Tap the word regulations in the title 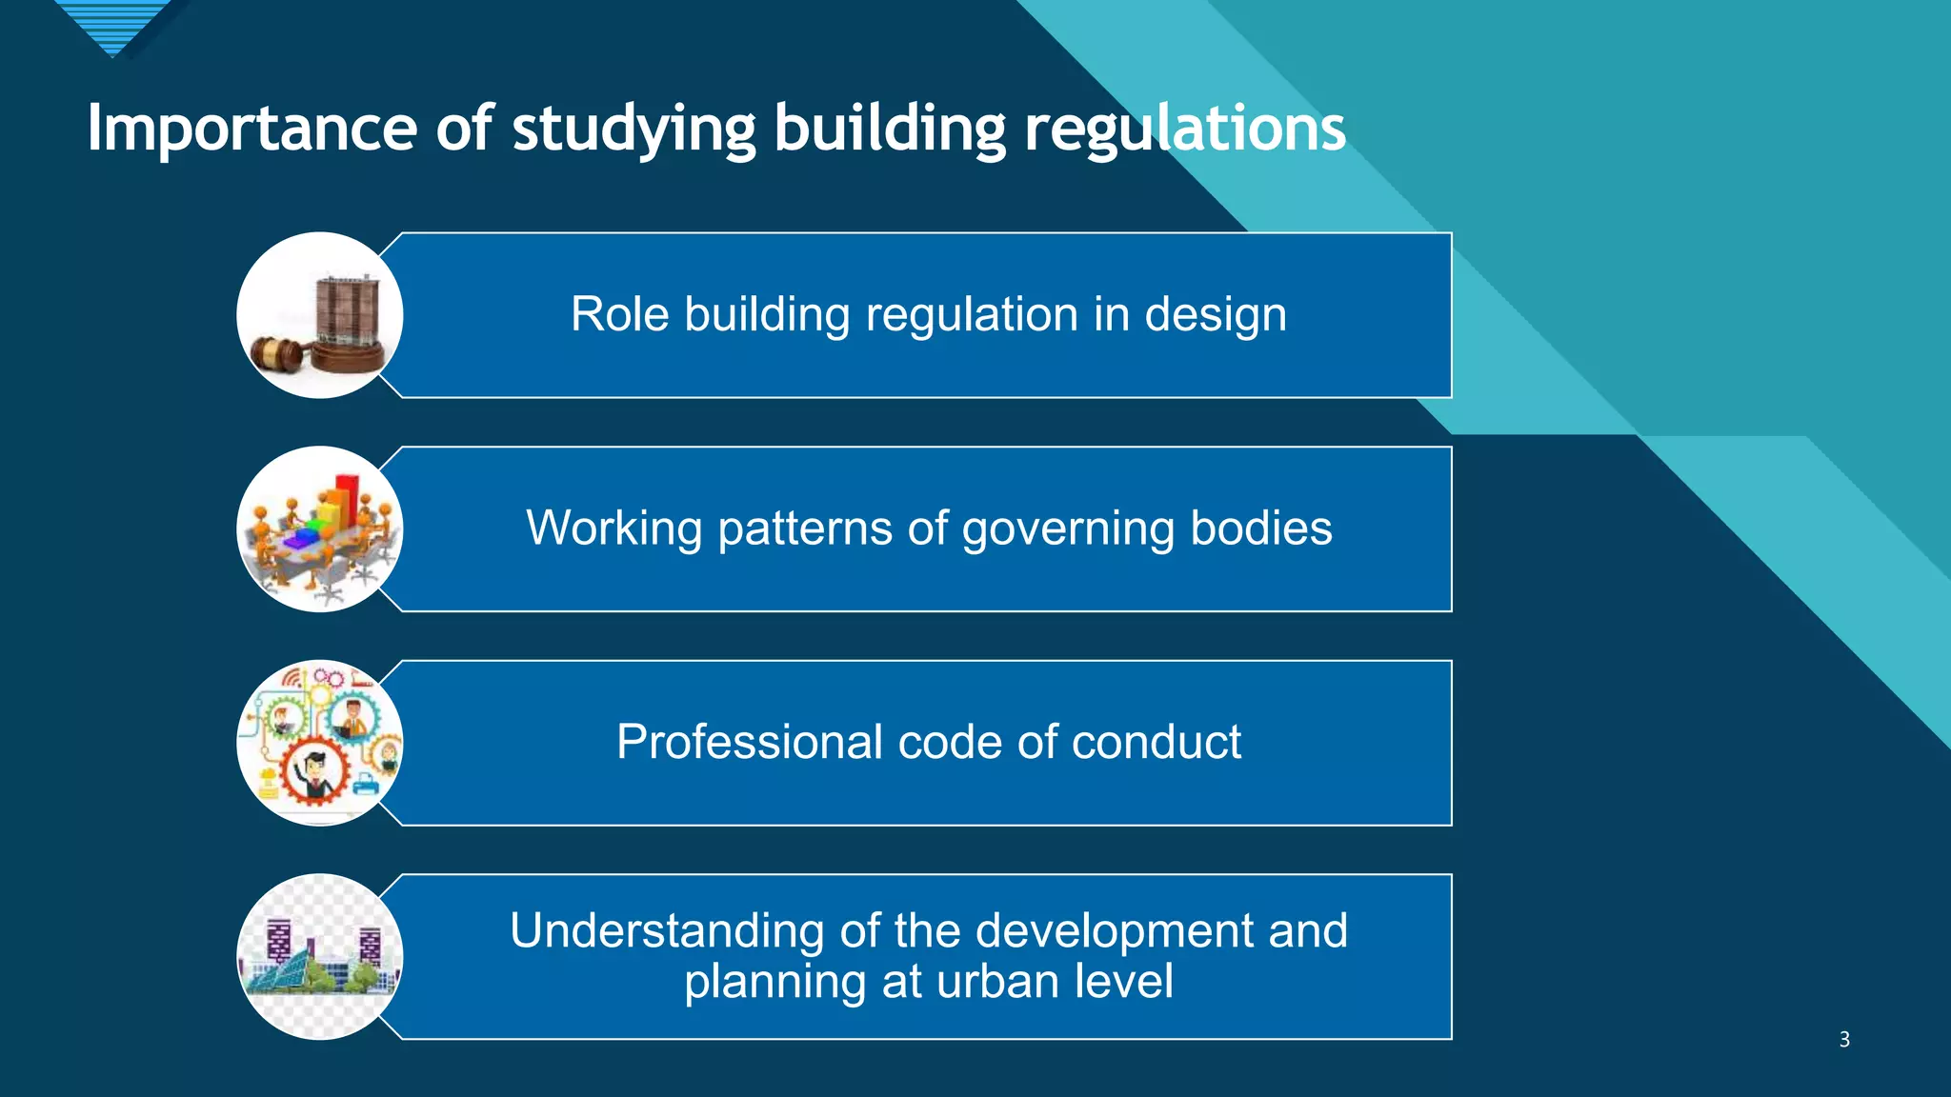click(1184, 130)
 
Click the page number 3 click(1844, 1039)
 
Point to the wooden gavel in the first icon click(277, 354)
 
